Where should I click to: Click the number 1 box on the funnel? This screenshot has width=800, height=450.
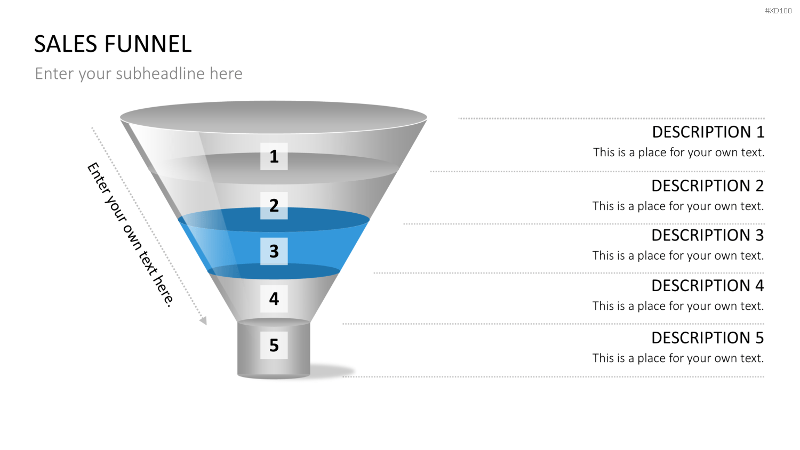(274, 156)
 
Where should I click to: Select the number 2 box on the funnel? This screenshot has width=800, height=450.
(274, 205)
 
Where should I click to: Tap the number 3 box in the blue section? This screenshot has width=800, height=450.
(274, 252)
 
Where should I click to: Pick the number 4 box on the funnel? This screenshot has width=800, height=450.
(274, 299)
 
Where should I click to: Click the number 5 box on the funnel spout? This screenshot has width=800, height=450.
(274, 345)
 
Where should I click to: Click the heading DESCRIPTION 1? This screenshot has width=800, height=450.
(708, 132)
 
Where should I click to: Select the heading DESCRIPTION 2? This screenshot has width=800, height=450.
(708, 186)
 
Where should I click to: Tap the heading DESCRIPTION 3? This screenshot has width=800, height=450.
(708, 235)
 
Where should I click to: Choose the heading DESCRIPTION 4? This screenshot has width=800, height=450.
(708, 286)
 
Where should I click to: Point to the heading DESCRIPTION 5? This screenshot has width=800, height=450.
(708, 338)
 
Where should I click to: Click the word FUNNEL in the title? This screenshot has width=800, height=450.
(148, 44)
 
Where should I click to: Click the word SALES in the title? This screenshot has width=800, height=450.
(66, 44)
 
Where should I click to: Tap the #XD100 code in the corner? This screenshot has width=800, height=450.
(778, 11)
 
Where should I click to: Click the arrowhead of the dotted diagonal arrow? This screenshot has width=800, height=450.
(203, 321)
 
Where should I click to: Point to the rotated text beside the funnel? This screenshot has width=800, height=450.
(131, 235)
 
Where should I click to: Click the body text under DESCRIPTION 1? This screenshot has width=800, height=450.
(678, 152)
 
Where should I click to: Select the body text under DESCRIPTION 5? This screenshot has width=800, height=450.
(678, 358)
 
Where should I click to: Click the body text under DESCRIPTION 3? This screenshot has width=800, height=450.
(678, 256)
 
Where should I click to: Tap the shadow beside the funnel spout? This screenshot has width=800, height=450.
(332, 371)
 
